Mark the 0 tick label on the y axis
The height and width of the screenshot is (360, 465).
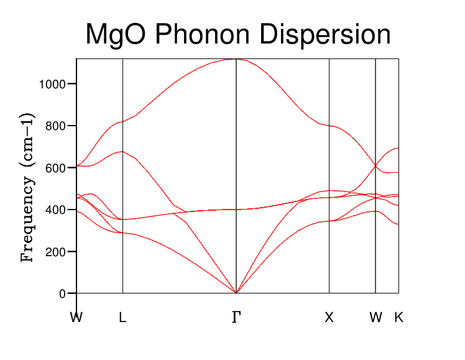coord(62,293)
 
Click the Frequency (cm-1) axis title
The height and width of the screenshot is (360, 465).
coord(27,187)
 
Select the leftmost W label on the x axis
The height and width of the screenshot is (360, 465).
coord(76,318)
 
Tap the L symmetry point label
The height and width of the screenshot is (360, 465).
coord(122,318)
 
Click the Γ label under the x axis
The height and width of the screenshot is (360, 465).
coord(236,318)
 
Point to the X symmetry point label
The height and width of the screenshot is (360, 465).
coord(329,318)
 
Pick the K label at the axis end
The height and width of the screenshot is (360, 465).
coord(398,318)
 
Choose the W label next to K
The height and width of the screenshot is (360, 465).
coord(375,318)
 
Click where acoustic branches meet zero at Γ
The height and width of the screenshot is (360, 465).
coord(236,293)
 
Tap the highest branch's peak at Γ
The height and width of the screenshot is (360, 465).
coord(236,60)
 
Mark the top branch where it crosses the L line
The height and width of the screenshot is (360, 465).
coord(122,121)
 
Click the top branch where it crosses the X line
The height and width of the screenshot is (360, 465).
coord(329,126)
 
